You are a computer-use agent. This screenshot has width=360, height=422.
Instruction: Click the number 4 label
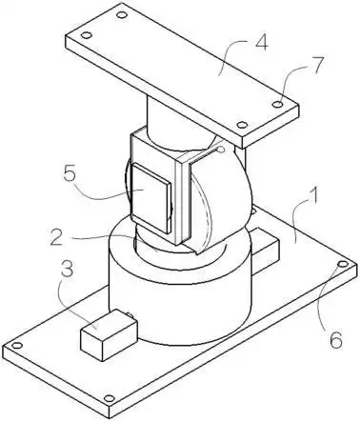pos(261,42)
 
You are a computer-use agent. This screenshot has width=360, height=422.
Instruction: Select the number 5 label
pos(70,173)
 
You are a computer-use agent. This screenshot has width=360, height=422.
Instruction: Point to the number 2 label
pos(57,237)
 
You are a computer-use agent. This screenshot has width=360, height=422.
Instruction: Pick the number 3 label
pos(66,269)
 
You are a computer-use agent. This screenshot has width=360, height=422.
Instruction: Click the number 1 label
pos(313,197)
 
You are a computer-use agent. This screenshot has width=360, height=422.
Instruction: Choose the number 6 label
pos(336,339)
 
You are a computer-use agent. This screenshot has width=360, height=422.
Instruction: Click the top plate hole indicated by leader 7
pos(278,104)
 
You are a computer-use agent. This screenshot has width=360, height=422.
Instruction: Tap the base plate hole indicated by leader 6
pos(343,264)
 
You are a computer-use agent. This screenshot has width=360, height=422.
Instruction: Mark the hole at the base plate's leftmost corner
pos(17,346)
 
